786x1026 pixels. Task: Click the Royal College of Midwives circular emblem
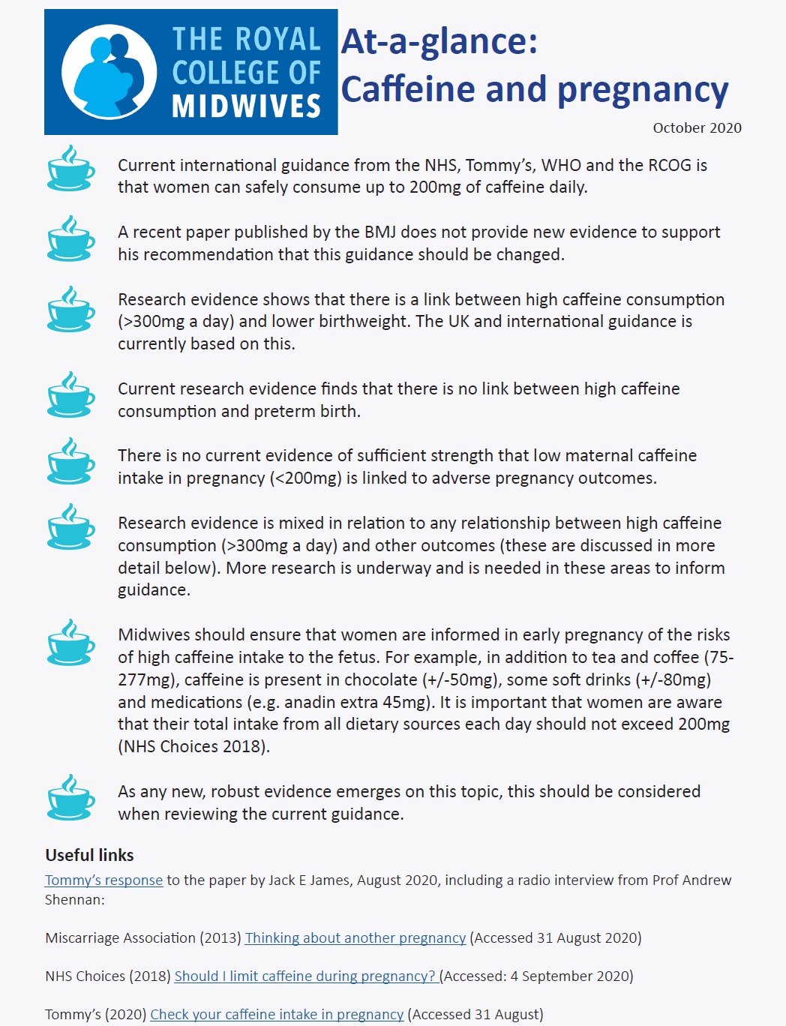coord(109,72)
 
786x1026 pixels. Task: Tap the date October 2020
coord(697,128)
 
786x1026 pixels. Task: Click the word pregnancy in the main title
coord(643,89)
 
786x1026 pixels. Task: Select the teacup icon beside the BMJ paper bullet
coord(70,238)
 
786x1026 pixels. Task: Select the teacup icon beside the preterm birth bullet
coord(70,394)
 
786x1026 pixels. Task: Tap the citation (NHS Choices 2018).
coord(193,747)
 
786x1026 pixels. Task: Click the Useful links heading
coord(89,856)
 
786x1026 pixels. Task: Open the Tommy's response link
coord(103,880)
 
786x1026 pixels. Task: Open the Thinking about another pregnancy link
coord(355,938)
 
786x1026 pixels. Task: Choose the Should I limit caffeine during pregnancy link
coord(304,976)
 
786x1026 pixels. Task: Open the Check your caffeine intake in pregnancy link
coord(277,1015)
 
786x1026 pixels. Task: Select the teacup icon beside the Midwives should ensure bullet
coord(70,642)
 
